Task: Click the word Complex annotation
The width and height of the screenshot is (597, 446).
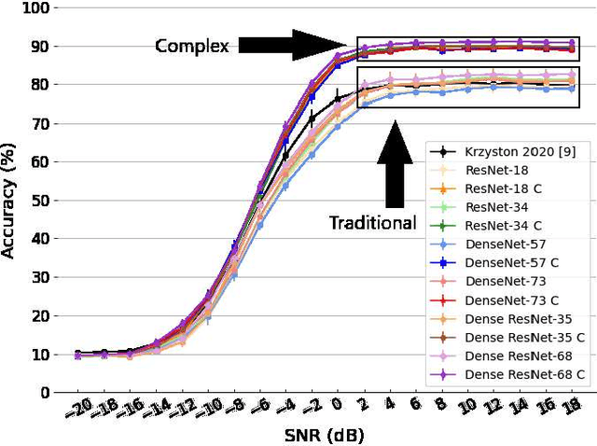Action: (x=191, y=46)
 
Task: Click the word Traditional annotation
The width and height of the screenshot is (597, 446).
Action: (x=371, y=222)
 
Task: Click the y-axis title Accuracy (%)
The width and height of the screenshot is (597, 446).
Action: (x=10, y=198)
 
